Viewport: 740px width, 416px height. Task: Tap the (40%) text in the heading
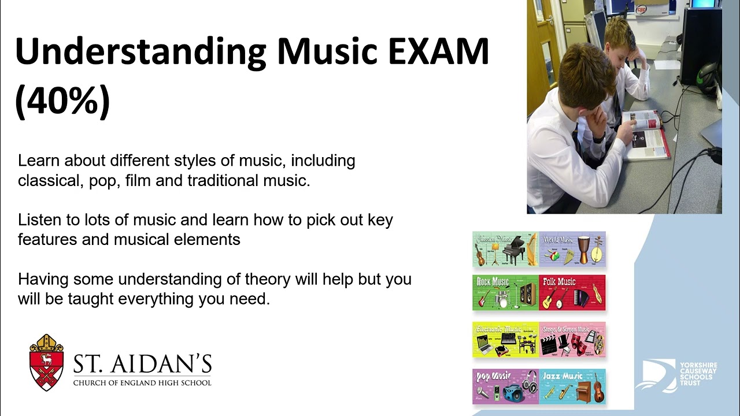[x=62, y=101]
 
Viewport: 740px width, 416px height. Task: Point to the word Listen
[x=38, y=220]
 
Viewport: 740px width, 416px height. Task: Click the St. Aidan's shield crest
[x=46, y=362]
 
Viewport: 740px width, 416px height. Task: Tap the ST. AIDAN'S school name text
[x=142, y=364]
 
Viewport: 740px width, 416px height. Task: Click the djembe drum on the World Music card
[x=584, y=248]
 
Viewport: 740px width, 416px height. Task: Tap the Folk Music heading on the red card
[x=559, y=282]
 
